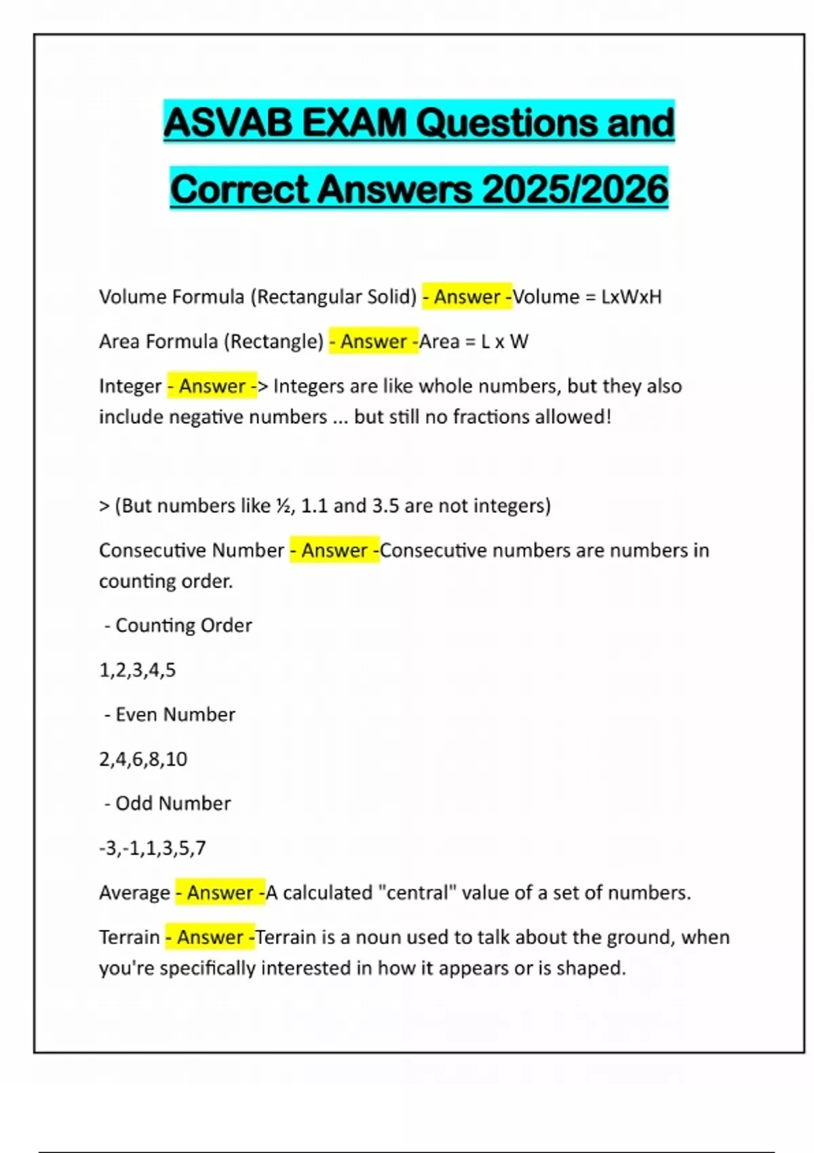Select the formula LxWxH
[631, 297]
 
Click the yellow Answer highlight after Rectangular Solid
[467, 297]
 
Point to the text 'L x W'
[504, 341]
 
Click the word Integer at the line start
[130, 386]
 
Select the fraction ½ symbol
[283, 506]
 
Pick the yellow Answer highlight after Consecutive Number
[334, 550]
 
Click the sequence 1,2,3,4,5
[138, 670]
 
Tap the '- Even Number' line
[170, 714]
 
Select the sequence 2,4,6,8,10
[143, 759]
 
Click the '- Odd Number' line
[168, 803]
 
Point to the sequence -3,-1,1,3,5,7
[152, 848]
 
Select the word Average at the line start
[134, 893]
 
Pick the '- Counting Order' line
[178, 625]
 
